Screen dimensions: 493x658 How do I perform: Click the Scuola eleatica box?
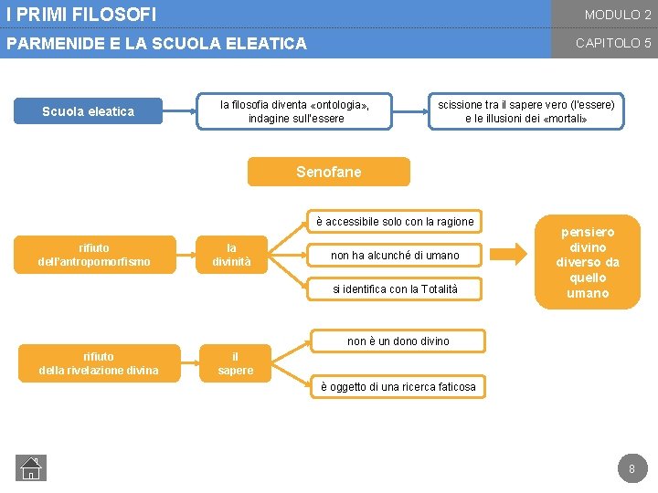89,111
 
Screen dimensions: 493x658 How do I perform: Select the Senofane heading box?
329,172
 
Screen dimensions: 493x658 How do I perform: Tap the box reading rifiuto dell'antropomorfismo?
94,255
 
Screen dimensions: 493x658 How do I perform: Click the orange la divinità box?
231,255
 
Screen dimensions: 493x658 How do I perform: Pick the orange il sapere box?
235,363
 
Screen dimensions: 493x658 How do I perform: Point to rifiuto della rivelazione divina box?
99,363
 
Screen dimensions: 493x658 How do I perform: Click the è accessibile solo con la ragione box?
395,221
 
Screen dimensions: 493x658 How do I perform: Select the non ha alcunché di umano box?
395,255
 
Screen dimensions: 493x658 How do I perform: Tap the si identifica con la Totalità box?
395,288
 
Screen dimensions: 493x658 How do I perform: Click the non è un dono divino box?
398,341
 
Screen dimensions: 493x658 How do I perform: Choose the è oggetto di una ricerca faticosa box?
398,386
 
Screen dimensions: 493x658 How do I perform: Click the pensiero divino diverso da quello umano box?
588,263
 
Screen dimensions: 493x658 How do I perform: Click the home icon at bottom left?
31,468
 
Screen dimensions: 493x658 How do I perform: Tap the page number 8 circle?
630,469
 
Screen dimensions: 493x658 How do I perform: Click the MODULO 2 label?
618,15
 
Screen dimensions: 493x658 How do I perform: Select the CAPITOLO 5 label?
612,43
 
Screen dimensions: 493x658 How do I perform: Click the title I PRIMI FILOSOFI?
81,15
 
